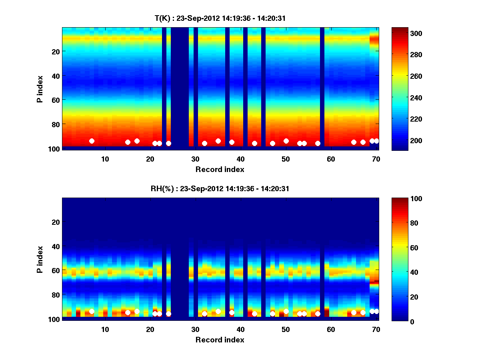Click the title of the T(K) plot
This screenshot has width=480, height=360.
coord(220,18)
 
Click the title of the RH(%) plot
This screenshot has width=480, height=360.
coord(220,188)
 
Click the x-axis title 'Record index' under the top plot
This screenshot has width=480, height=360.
coord(220,169)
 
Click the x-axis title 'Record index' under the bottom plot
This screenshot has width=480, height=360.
coord(220,340)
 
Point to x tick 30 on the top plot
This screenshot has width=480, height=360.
coord(195,158)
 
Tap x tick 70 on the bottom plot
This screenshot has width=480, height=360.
coord(376,329)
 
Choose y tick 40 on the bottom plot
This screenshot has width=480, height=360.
coord(56,246)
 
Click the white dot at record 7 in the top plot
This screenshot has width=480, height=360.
coord(92,141)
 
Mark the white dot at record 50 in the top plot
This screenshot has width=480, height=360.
coord(286,141)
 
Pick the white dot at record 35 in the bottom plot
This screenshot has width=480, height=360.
coord(218,311)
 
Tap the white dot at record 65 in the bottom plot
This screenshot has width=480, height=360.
coord(354,312)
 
